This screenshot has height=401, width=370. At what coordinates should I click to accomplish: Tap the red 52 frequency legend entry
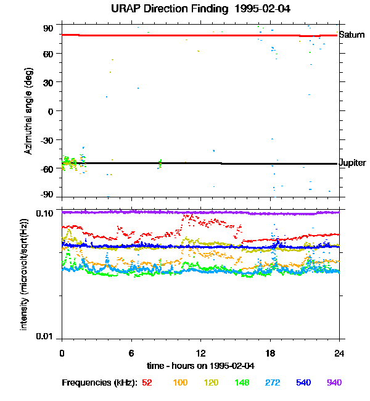147,382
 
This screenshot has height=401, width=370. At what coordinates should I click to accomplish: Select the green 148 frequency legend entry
242,382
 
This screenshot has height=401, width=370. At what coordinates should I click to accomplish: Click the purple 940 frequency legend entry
334,382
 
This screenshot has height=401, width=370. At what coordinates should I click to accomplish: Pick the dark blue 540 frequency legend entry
303,382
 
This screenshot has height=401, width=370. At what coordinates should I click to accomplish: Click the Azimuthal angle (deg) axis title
28,111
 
